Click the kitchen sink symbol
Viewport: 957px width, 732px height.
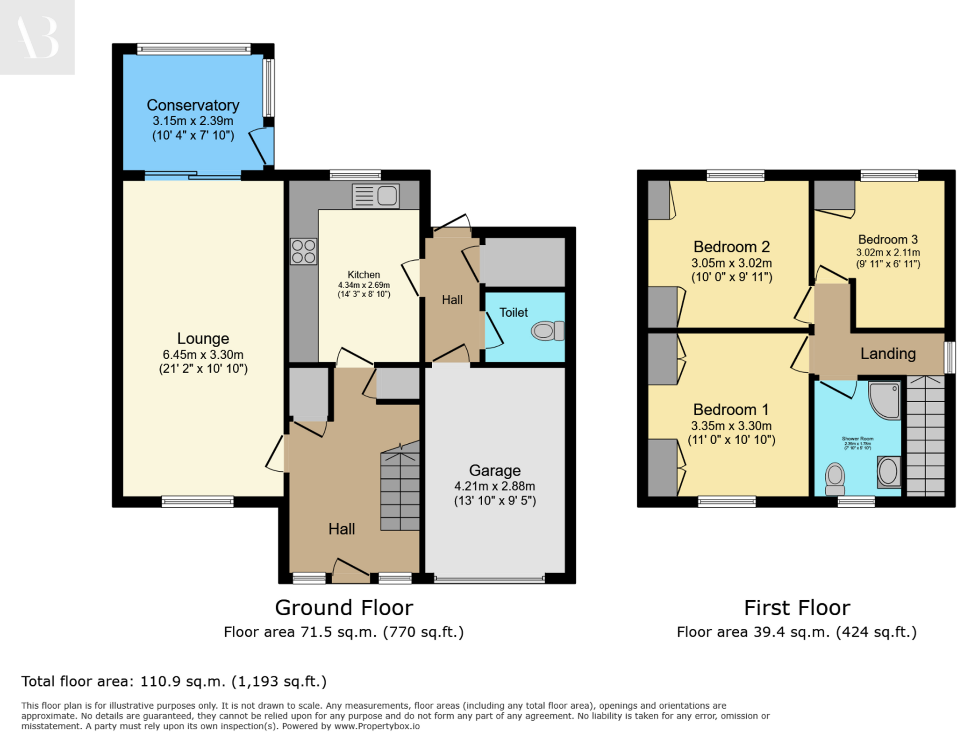(375, 196)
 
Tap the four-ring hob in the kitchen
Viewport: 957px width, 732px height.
(303, 251)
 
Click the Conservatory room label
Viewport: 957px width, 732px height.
(193, 105)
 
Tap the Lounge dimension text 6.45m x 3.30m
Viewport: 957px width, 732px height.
(203, 355)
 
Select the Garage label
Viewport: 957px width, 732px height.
(494, 470)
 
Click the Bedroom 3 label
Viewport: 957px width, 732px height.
(887, 240)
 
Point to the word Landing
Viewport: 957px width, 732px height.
(887, 354)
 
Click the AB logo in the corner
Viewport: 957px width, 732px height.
(37, 37)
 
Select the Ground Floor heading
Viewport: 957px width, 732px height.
(343, 608)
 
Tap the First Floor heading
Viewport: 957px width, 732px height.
(796, 608)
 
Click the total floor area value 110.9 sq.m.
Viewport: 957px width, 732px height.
(183, 681)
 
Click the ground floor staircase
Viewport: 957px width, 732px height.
(400, 490)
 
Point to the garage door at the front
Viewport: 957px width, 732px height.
(489, 579)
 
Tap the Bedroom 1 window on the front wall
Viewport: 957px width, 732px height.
(726, 502)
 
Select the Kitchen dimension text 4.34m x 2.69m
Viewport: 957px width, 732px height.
(364, 285)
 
